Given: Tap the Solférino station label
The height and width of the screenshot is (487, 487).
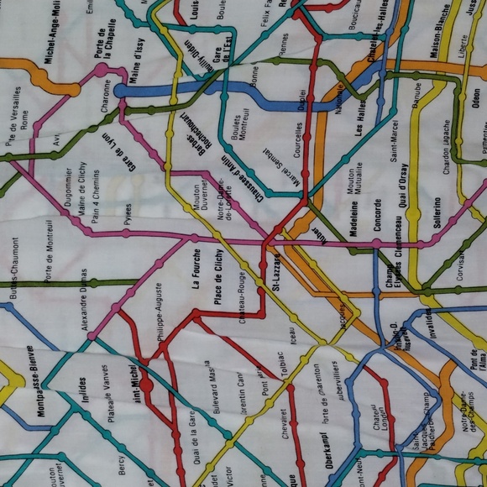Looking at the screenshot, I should point(436,214).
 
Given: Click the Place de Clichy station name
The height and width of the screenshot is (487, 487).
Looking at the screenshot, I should point(217,276).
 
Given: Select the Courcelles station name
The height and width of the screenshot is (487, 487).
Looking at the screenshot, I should point(299,148).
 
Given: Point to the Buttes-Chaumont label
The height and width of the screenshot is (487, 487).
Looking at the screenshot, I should point(14,264).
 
